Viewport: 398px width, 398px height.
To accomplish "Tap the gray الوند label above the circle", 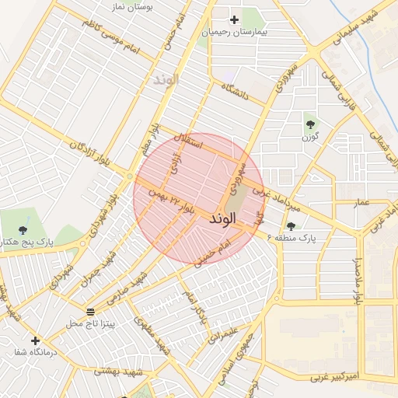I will [166, 79].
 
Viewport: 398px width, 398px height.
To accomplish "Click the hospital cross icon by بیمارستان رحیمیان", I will [234, 19].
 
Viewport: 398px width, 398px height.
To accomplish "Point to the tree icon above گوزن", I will [310, 124].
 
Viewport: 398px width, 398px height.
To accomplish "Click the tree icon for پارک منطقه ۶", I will [291, 226].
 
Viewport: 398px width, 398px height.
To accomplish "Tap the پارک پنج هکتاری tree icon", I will [23, 229].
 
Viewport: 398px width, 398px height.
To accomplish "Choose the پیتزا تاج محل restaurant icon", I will [91, 311].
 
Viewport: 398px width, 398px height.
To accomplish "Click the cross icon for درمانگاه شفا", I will [35, 340].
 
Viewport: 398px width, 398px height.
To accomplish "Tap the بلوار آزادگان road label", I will [88, 152].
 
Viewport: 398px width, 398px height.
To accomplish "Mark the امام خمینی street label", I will [214, 254].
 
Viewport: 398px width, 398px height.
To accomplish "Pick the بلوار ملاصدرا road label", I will [358, 277].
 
